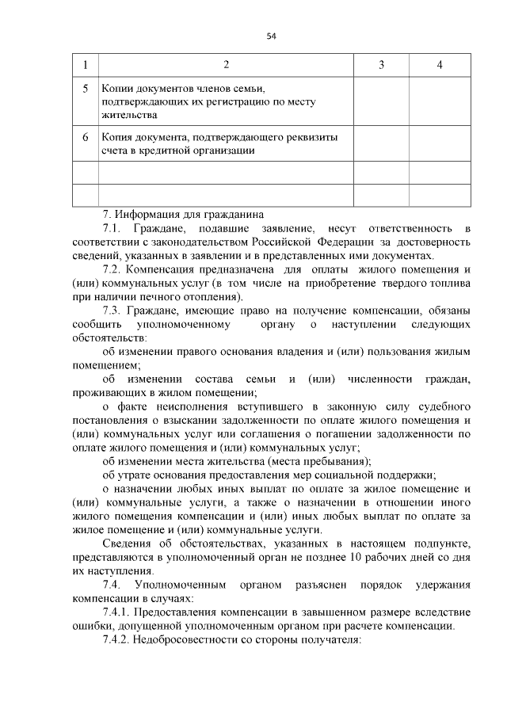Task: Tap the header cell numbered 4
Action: pos(440,64)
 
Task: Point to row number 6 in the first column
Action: pos(85,136)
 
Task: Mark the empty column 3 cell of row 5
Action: pos(381,101)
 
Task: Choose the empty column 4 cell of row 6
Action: pos(440,143)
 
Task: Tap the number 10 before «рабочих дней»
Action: pos(354,557)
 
